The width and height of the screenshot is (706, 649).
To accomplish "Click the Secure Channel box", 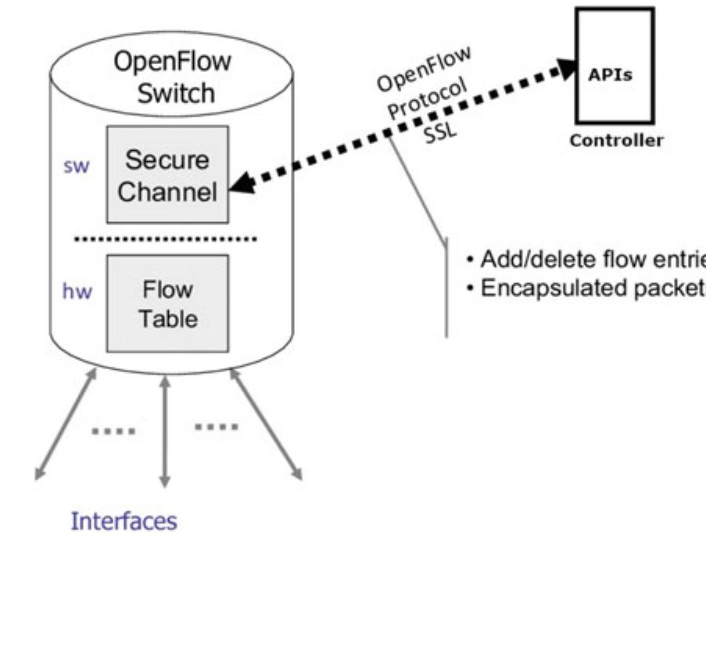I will pos(167,174).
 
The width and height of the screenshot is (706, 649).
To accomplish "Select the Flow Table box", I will pos(167,303).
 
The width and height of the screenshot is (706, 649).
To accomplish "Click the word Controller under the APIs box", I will pos(616,142).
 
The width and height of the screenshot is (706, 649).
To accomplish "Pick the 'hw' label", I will pos(77,292).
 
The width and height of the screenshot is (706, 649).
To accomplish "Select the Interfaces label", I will pos(124,521).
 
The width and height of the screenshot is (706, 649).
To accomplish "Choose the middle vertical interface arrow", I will pos(164,430).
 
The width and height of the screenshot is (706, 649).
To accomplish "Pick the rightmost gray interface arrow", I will pos(266,423).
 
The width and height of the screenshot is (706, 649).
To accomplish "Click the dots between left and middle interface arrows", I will pos(113,430).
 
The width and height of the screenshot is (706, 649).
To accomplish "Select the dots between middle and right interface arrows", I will pos(216,426).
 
